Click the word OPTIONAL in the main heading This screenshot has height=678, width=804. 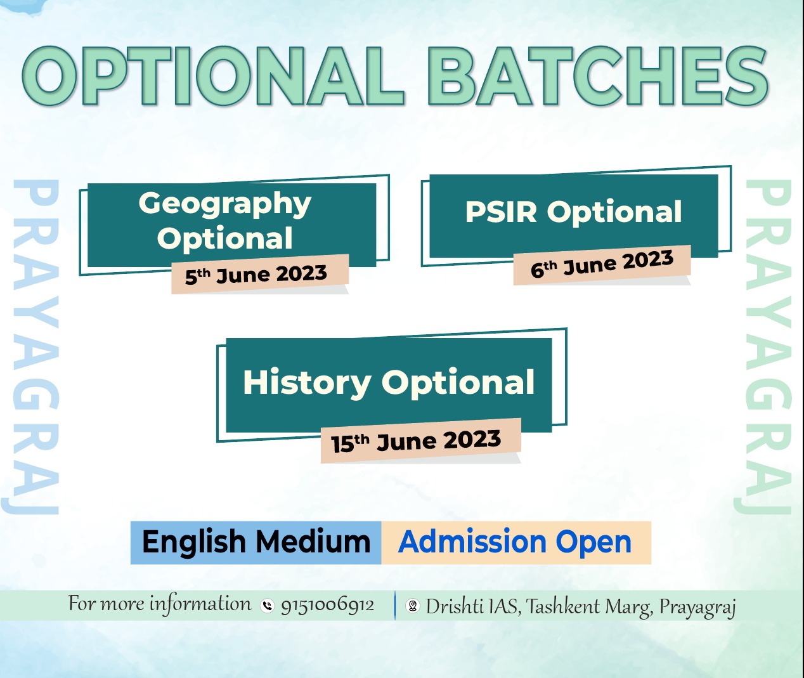212,75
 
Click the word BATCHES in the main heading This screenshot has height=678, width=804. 598,75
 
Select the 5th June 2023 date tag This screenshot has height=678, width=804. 260,274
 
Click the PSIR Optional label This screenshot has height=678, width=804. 573,211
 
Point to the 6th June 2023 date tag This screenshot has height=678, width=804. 602,264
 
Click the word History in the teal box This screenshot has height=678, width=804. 306,383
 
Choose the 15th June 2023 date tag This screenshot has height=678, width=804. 420,441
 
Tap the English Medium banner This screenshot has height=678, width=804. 256,543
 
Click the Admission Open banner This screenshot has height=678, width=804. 516,543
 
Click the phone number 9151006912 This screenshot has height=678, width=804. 327,605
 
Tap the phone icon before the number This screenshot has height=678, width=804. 267,606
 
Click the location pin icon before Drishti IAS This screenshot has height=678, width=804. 413,606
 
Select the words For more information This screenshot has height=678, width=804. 159,603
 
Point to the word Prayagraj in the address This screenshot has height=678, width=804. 697,608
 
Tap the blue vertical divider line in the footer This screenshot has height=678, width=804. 395,606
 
